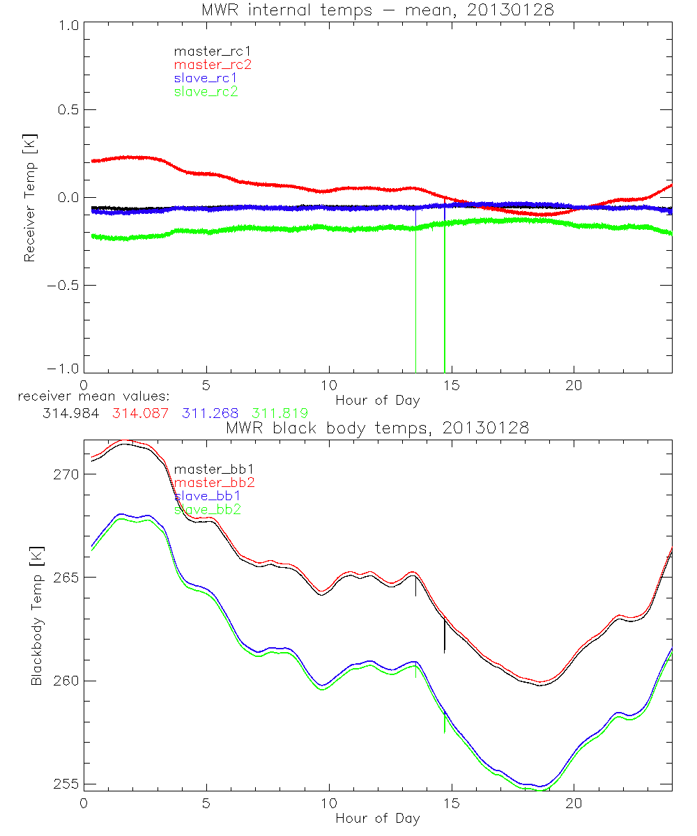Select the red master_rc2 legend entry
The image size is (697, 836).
212,64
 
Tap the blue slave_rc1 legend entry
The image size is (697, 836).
206,78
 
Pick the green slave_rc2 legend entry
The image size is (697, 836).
206,91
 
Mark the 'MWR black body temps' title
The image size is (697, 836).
377,428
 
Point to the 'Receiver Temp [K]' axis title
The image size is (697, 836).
30,199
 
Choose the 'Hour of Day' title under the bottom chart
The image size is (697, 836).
377,819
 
